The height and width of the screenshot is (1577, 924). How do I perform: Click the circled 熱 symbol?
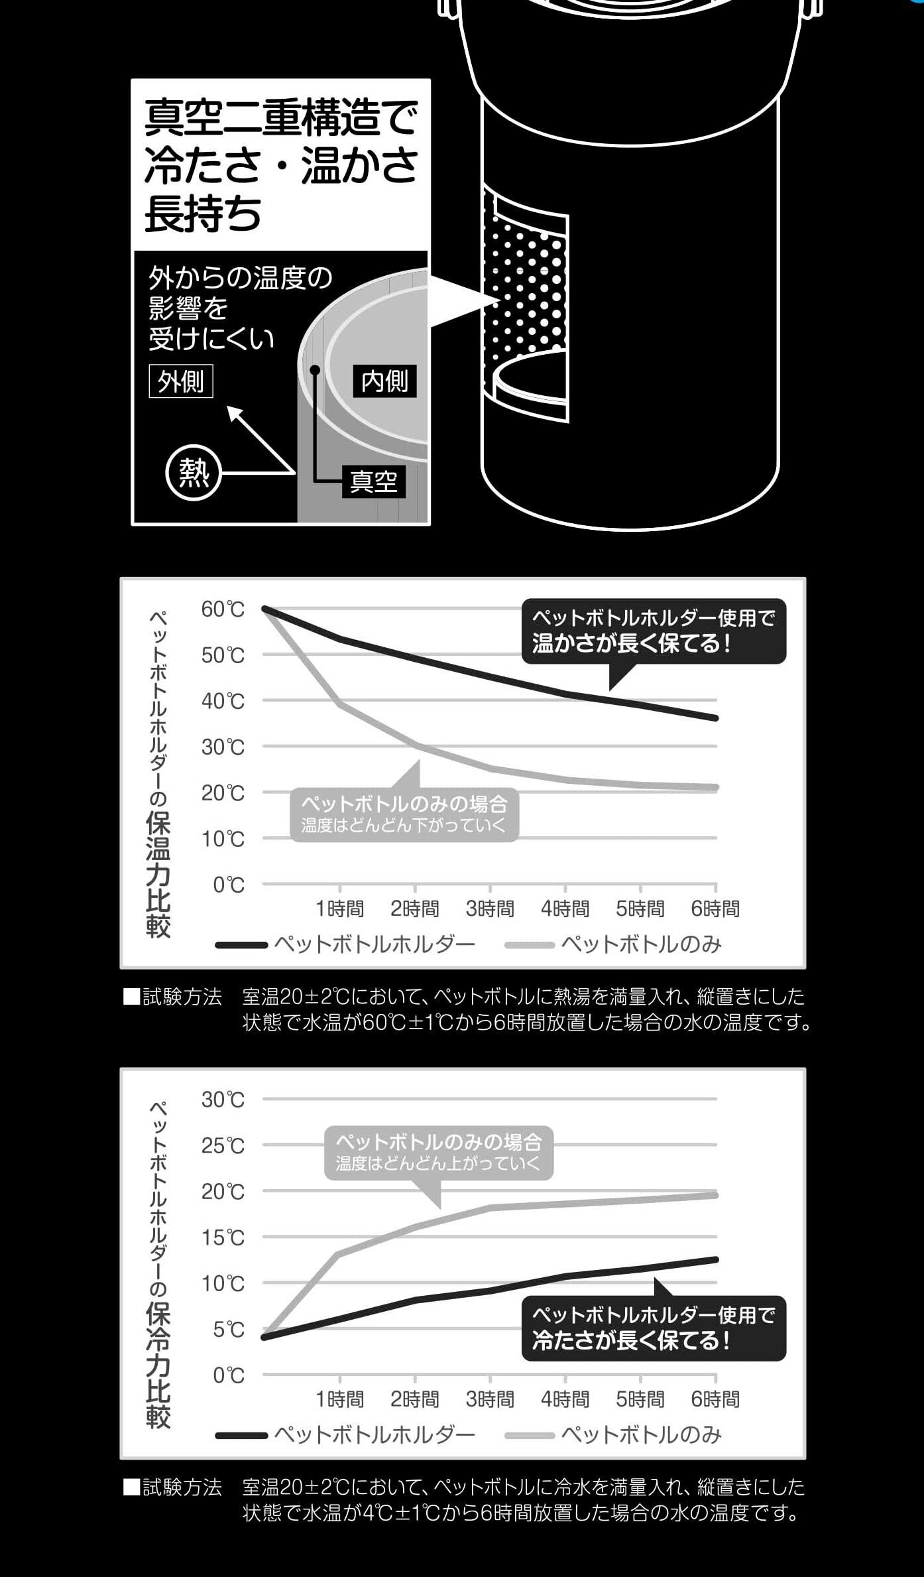194,473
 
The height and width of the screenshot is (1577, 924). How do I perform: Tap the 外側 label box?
181,381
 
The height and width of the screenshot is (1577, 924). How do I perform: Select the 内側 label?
384,381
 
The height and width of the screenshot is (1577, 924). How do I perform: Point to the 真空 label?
373,481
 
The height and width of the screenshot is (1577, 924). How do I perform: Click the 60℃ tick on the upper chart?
223,609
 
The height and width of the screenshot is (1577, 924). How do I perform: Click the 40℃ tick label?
223,701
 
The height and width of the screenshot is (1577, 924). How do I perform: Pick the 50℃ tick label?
223,655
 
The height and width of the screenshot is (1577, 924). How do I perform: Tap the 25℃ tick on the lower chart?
223,1145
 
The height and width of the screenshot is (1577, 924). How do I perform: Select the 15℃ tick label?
223,1237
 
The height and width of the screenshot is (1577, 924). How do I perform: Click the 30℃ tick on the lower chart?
223,1100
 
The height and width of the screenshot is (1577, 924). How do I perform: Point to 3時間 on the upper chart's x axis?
490,909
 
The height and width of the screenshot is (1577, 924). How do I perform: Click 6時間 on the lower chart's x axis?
715,1399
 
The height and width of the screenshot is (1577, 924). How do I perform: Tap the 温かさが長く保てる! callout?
654,631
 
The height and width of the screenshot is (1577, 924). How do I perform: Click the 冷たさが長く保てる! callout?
654,1328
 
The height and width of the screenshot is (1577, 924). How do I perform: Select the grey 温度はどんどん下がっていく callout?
404,814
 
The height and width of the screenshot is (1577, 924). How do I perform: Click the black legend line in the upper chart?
241,945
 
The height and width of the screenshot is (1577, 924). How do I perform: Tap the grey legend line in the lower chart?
529,1436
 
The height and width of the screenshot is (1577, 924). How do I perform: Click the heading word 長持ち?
203,214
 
